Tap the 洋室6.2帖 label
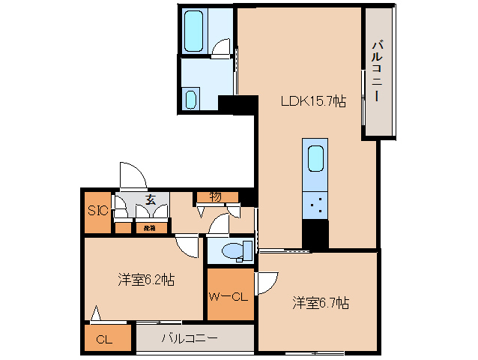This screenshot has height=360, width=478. pos(145,280)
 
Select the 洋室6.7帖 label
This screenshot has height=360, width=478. pos(320,303)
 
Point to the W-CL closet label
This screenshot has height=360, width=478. pos(228,295)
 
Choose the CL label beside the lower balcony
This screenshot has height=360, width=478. pos(104,340)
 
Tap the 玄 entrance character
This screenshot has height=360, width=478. pos(151,199)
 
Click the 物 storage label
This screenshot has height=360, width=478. pos(215,196)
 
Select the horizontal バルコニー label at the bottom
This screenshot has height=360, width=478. pos(190,338)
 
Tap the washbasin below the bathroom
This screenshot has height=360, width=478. pos(190,99)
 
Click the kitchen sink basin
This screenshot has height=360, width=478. pos(315,158)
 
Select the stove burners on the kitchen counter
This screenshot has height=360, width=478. pos(315,203)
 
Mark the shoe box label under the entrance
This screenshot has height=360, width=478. pos(149,227)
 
